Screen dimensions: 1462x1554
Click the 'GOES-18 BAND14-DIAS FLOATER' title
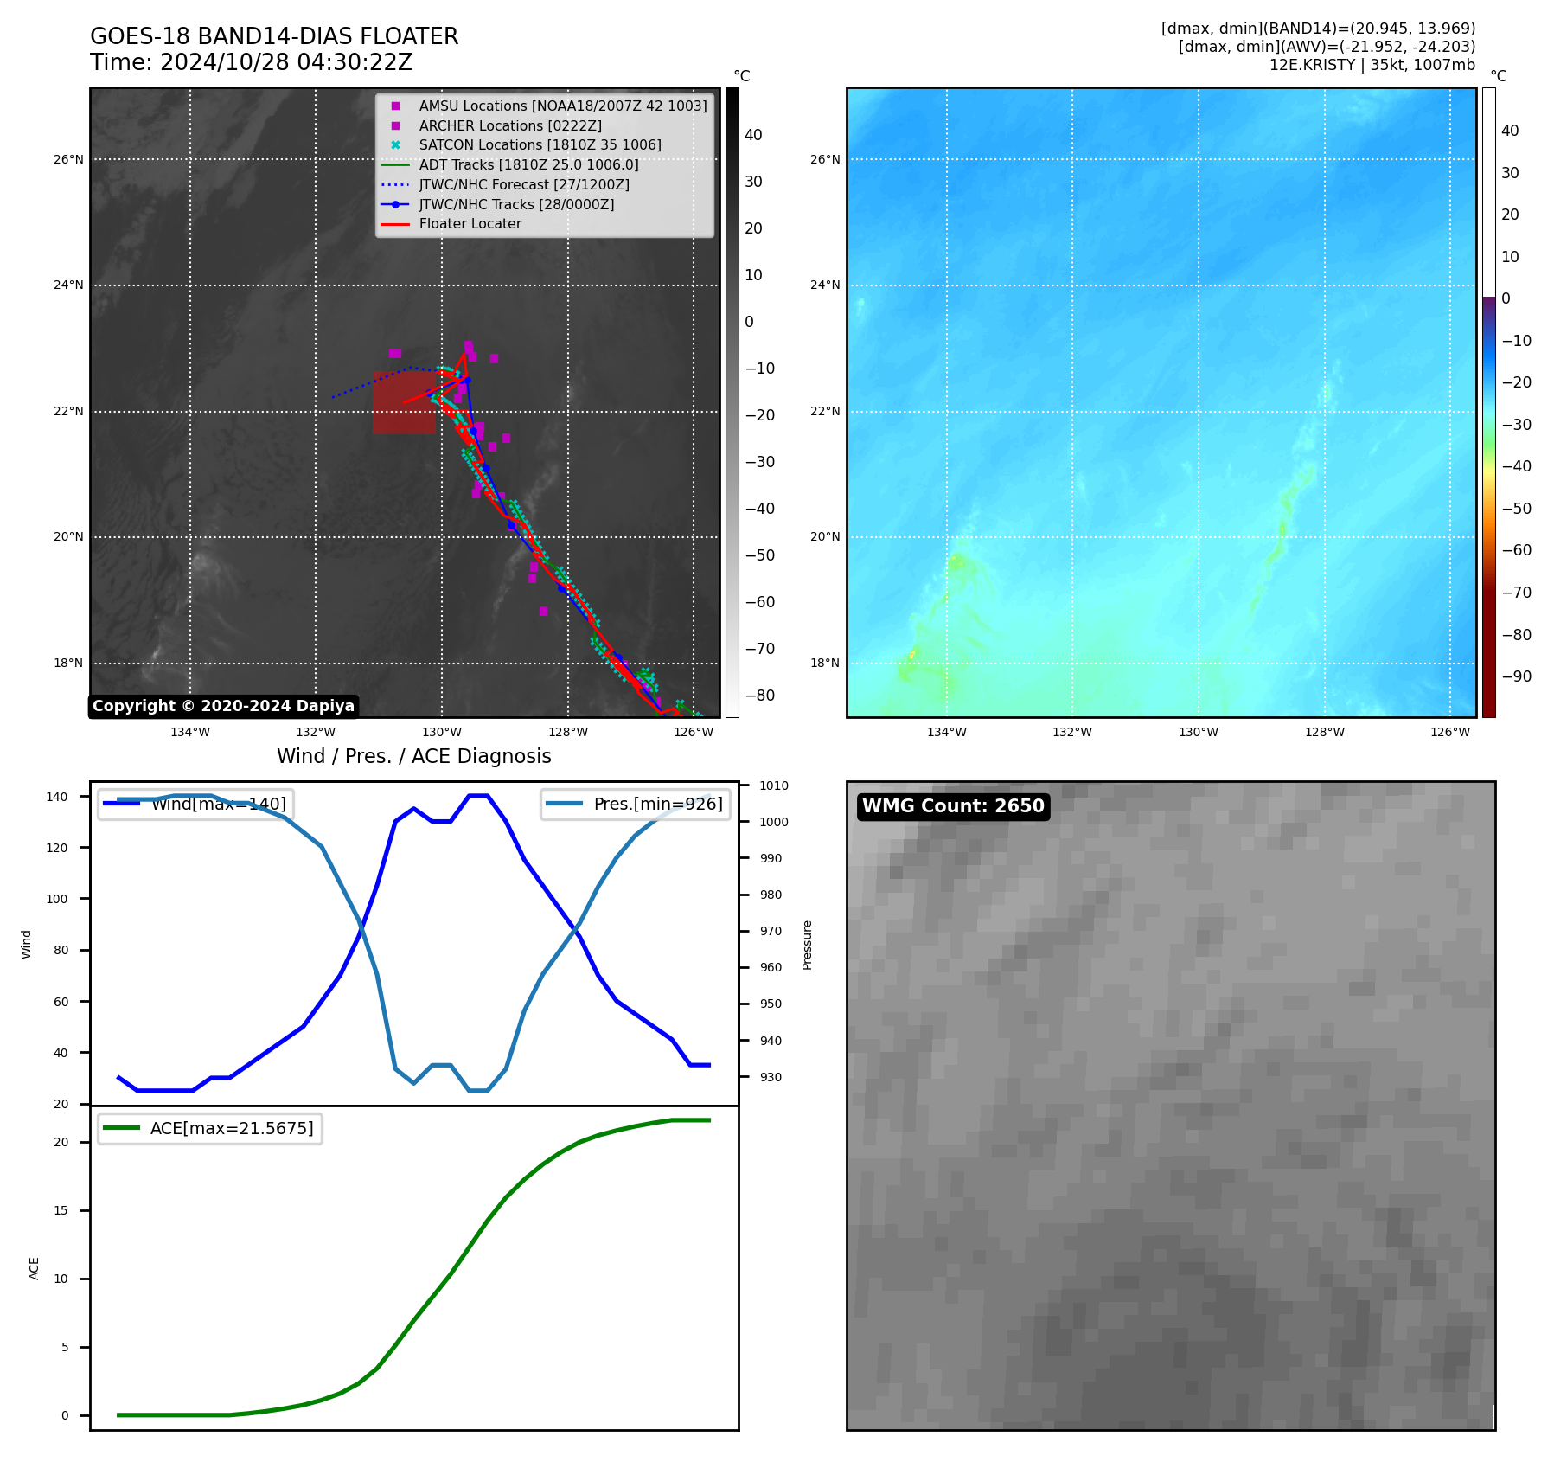click(x=274, y=36)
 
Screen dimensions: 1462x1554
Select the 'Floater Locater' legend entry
click(x=470, y=224)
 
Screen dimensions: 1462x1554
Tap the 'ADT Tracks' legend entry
click(x=528, y=164)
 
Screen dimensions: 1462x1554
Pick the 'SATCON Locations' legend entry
click(x=540, y=144)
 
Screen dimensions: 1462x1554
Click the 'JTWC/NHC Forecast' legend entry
click(x=524, y=184)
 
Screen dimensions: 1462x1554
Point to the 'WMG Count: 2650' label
click(x=953, y=806)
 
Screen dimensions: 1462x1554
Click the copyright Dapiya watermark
click(x=223, y=706)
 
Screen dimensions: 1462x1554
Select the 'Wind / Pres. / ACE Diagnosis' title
click(x=413, y=756)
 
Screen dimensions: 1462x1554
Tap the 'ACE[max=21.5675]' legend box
click(x=210, y=1128)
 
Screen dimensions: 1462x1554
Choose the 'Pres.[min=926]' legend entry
click(x=635, y=804)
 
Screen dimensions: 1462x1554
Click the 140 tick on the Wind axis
click(x=57, y=797)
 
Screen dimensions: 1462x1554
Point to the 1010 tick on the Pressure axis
click(x=774, y=786)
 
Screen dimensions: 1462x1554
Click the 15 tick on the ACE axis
click(x=61, y=1210)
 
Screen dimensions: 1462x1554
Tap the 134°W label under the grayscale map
click(x=190, y=732)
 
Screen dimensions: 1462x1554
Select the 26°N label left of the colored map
click(x=825, y=159)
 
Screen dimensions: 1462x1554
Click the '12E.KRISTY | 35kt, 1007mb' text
click(x=1372, y=65)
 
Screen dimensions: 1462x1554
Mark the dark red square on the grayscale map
click(x=404, y=403)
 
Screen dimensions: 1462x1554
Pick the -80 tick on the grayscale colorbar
click(x=760, y=696)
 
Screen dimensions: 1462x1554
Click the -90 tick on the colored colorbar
click(x=1516, y=676)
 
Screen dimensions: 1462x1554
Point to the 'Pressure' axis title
click(x=807, y=944)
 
